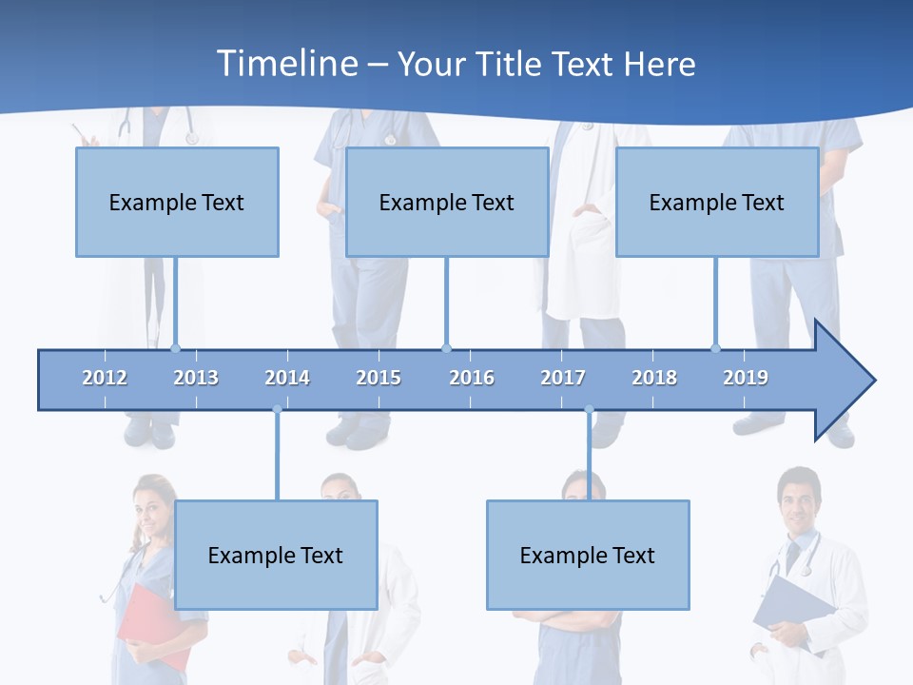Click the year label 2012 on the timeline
point(105,378)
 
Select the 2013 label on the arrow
point(196,378)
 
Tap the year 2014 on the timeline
point(287,378)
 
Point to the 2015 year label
point(379,378)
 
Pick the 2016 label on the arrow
point(472,378)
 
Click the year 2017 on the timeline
point(563,378)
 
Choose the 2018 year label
point(654,378)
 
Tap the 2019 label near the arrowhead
point(746,378)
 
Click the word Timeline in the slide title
point(285,64)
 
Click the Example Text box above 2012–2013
point(177,203)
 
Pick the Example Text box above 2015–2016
point(447,203)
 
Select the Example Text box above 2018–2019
point(717,203)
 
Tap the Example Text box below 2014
point(276,556)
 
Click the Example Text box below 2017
point(588,556)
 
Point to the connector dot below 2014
point(277,410)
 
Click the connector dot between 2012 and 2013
point(175,348)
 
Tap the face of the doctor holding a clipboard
point(797,497)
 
